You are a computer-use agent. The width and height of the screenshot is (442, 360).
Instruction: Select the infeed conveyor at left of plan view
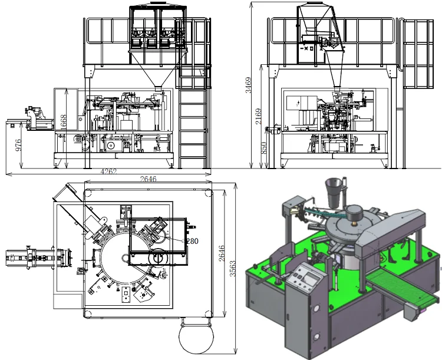point(32,257)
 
